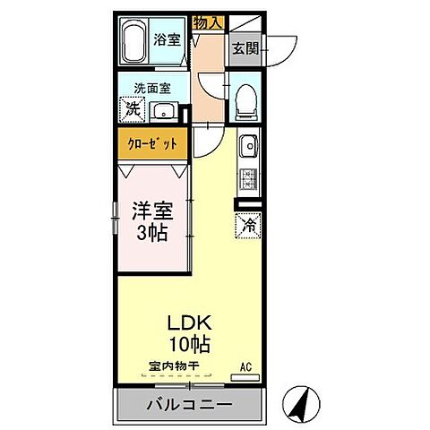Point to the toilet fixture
point(245,104)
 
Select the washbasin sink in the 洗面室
point(164,110)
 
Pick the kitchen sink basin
point(248,144)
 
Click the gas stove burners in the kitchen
point(247,176)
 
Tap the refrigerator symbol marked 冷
point(246,225)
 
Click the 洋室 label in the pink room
point(151,211)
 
